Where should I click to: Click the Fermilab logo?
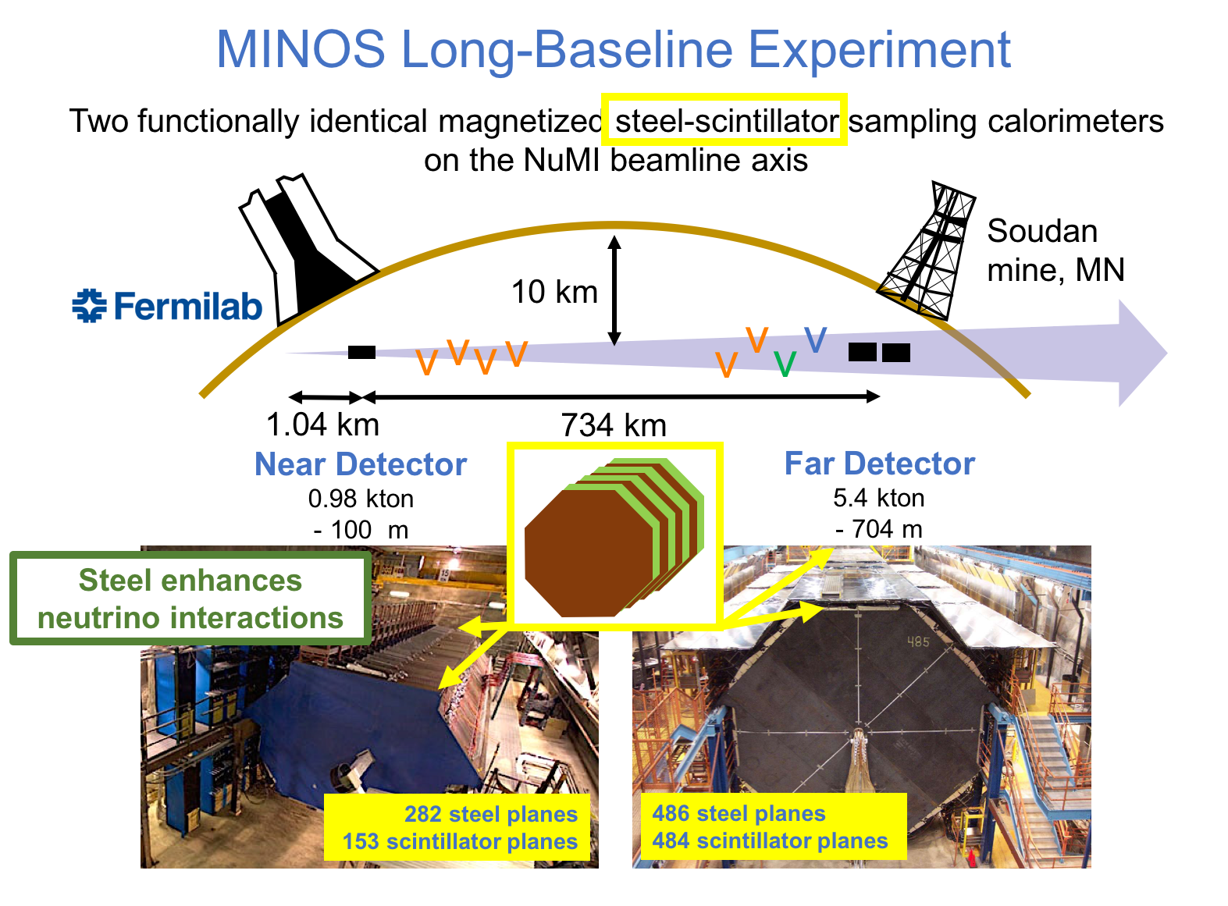tap(167, 305)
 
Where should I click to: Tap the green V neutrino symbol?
tap(785, 364)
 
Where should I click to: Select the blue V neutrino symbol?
tap(815, 339)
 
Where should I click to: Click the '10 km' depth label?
tap(554, 292)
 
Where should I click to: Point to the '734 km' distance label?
tap(614, 425)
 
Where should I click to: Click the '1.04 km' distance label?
tap(322, 425)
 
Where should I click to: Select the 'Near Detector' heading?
tap(361, 464)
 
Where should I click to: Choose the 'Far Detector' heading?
tap(879, 464)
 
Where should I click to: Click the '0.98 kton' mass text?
tap(361, 499)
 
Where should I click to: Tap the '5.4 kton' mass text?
tap(878, 498)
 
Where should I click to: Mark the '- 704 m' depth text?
tap(878, 529)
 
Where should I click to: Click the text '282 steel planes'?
tap(490, 814)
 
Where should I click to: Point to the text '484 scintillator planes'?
tap(770, 840)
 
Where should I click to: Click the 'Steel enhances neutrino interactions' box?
tap(190, 599)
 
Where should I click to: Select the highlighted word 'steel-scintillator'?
tap(724, 120)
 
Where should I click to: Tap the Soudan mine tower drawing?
tap(926, 250)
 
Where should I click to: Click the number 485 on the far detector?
tap(918, 642)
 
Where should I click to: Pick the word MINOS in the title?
tap(300, 50)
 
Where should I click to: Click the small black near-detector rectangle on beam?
tap(361, 352)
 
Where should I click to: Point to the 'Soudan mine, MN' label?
tap(1055, 250)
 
